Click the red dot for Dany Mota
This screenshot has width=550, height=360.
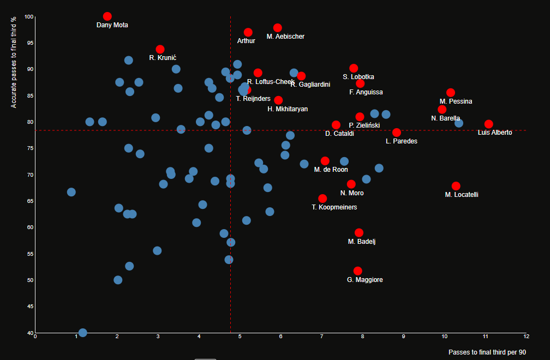107,16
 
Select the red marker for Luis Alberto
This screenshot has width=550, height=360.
488,124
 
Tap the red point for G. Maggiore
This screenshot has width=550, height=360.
357,271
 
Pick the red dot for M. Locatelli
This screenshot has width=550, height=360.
456,186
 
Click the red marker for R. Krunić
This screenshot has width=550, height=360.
160,50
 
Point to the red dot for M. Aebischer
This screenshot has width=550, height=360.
277,28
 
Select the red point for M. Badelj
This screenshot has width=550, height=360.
358,233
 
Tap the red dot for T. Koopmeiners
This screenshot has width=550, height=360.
322,199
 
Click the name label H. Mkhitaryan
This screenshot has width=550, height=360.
288,109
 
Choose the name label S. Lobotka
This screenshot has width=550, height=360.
358,77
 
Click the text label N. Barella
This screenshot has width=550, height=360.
445,118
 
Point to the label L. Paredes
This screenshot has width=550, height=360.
401,141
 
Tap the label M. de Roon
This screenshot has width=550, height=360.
331,170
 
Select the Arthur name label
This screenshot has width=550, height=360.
246,41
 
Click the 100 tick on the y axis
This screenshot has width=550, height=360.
29,17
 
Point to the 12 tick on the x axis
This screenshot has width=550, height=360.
526,337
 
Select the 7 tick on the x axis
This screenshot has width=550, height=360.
321,337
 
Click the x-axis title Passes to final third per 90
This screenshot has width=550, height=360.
487,352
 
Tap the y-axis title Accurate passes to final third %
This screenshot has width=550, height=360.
14,62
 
